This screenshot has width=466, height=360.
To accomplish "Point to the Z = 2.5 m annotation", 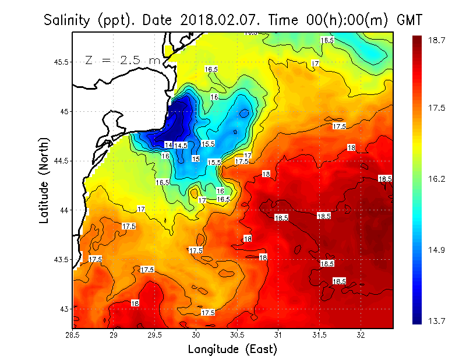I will pyautogui.click(x=122, y=60).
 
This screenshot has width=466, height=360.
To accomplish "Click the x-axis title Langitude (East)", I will pyautogui.click(x=232, y=349).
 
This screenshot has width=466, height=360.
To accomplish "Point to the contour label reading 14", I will pyautogui.click(x=168, y=144).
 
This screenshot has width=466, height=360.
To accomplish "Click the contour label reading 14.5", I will pyautogui.click(x=181, y=145).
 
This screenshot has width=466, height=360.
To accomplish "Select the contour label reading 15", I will pyautogui.click(x=196, y=158).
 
